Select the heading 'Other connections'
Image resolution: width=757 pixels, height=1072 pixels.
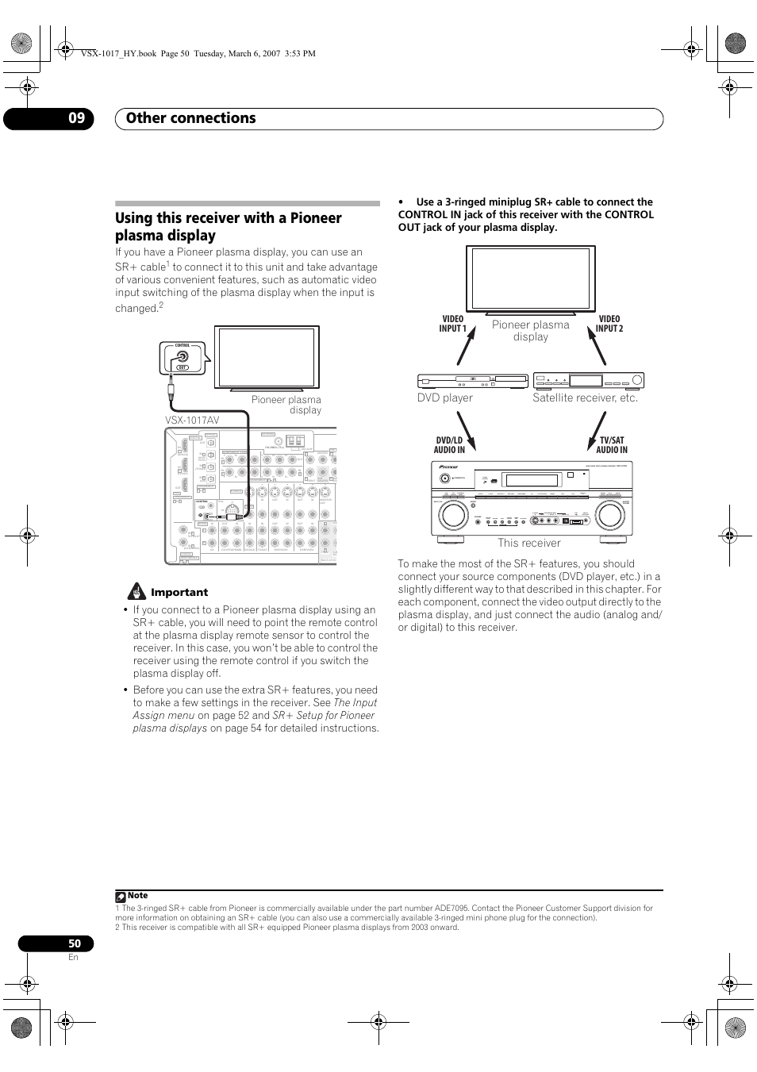[x=190, y=118]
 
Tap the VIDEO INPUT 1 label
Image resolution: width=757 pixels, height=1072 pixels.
[x=453, y=324]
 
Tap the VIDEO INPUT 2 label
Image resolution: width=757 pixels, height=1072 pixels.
[x=609, y=324]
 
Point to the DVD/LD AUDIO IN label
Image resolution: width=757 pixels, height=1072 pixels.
[x=449, y=445]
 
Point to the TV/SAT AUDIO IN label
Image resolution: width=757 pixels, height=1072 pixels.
[x=612, y=445]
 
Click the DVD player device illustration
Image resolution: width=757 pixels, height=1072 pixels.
[x=472, y=381]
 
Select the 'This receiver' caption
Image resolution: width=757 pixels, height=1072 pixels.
[x=528, y=544]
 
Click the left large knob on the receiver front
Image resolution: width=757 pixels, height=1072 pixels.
[x=453, y=515]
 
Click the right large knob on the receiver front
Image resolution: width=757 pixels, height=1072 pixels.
[x=609, y=515]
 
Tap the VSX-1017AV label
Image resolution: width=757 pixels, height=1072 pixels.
[x=192, y=420]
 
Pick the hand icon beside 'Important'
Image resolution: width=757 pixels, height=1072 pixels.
[x=136, y=592]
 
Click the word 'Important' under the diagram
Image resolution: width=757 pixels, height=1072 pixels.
[x=179, y=593]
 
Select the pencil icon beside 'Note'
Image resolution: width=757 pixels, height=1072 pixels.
[x=120, y=896]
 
